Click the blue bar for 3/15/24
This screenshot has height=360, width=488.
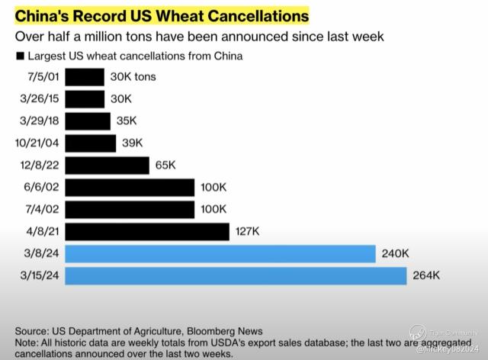[236, 275]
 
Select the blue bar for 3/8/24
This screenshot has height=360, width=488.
[220, 253]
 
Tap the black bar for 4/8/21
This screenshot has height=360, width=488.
[147, 231]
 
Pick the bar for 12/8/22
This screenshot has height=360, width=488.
[108, 166]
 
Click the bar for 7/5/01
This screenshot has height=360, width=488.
[85, 77]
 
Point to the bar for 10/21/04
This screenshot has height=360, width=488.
[91, 143]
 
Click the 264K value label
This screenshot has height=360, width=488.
[425, 275]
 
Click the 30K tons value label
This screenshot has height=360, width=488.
[134, 78]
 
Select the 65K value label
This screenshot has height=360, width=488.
[165, 166]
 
